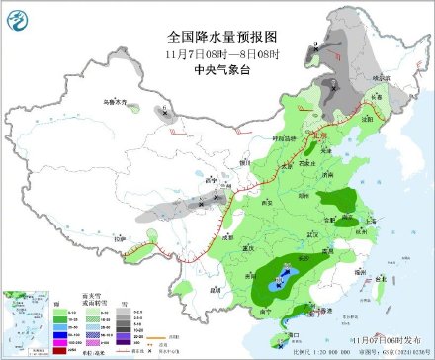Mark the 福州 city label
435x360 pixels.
click(x=352, y=268)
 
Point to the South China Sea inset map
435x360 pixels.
click(x=26, y=316)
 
